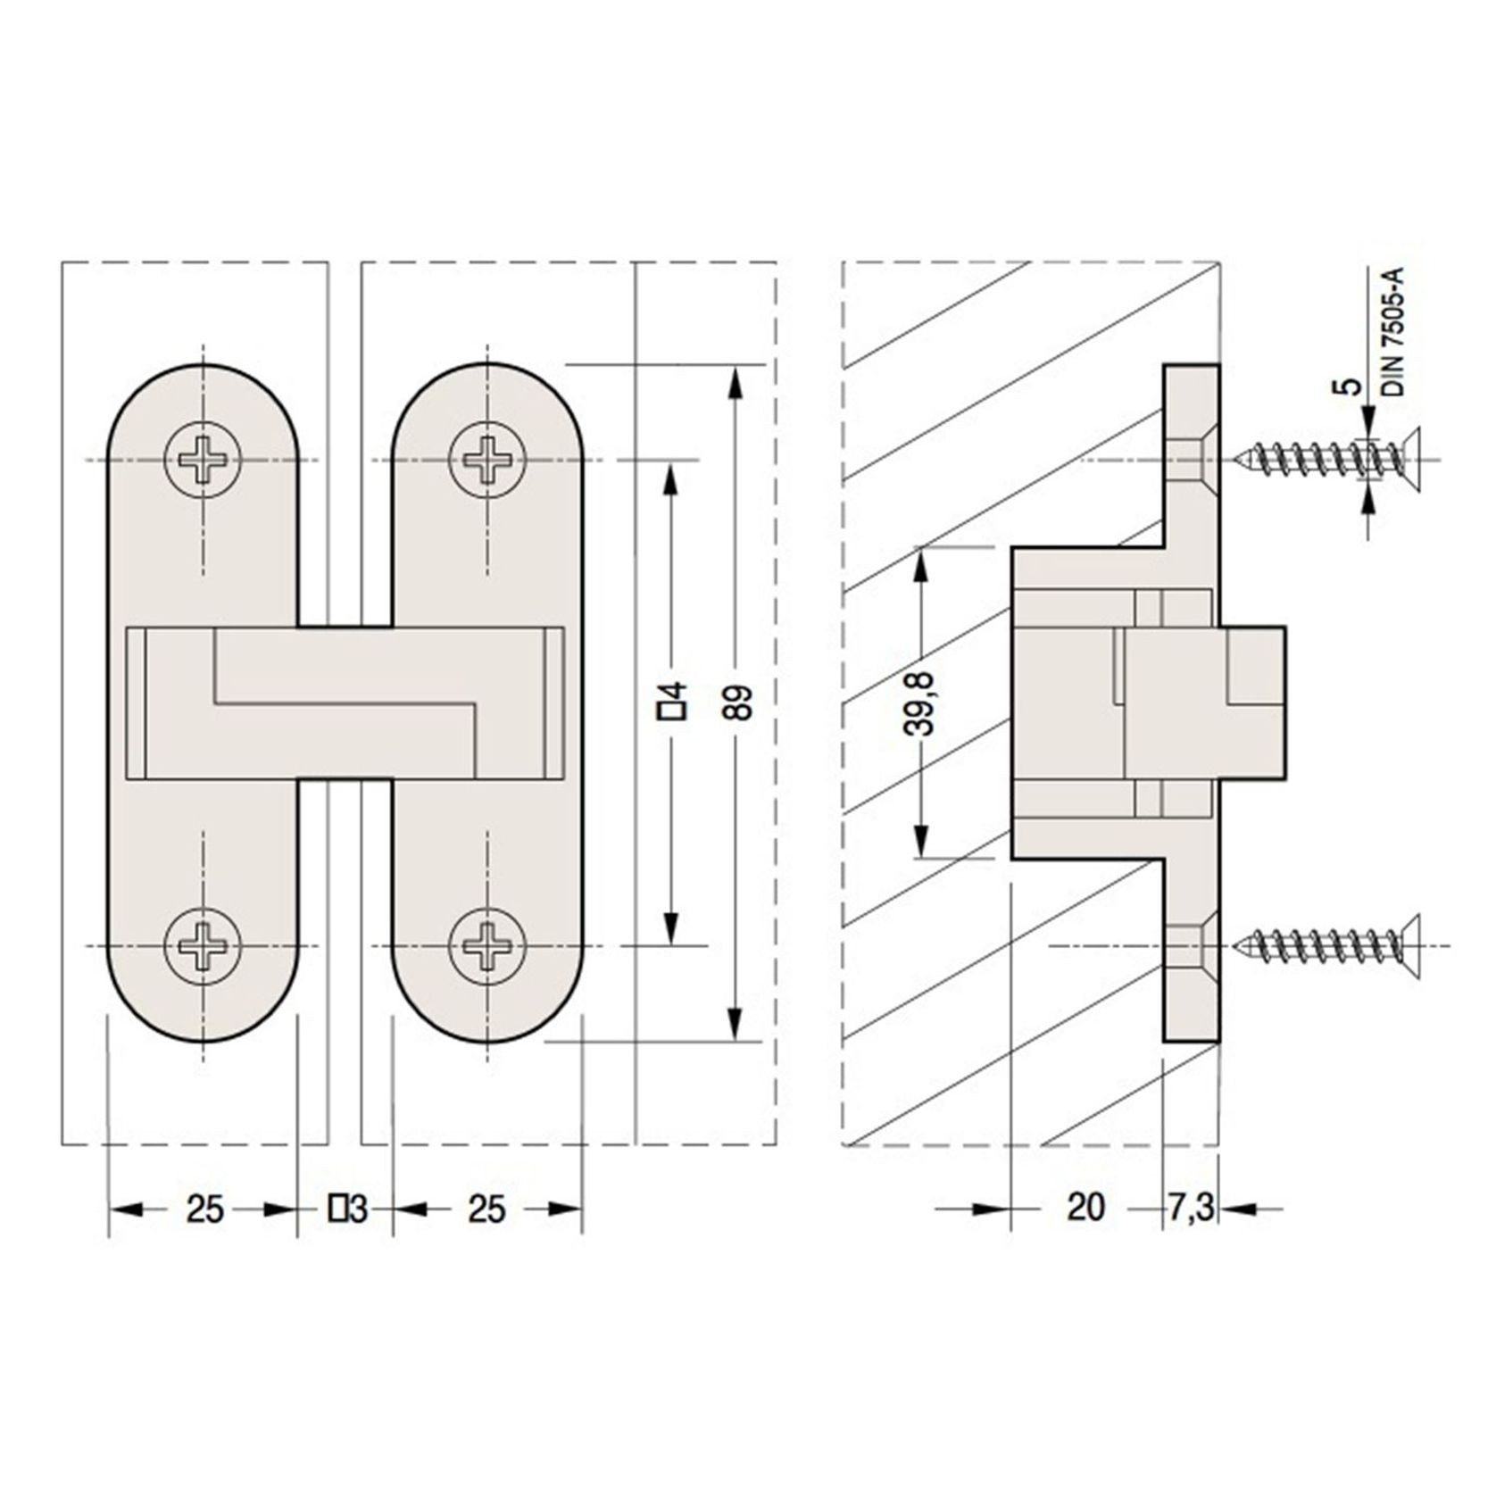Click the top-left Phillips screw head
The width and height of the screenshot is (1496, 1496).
point(204,461)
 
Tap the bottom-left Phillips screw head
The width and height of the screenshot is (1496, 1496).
point(204,944)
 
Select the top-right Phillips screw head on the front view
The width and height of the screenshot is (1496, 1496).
point(486,461)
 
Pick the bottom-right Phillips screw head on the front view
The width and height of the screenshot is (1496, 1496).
point(486,944)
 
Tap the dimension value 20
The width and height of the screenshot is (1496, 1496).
point(1085,1209)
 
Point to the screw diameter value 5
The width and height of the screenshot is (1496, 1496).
point(1352,386)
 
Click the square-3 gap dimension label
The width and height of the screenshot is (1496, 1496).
point(347,1209)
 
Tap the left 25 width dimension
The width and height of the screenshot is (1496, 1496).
point(204,1209)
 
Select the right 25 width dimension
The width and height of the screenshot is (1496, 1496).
point(486,1209)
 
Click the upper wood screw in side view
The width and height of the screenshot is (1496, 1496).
point(1326,461)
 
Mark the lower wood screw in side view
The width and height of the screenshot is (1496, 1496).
point(1326,944)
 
